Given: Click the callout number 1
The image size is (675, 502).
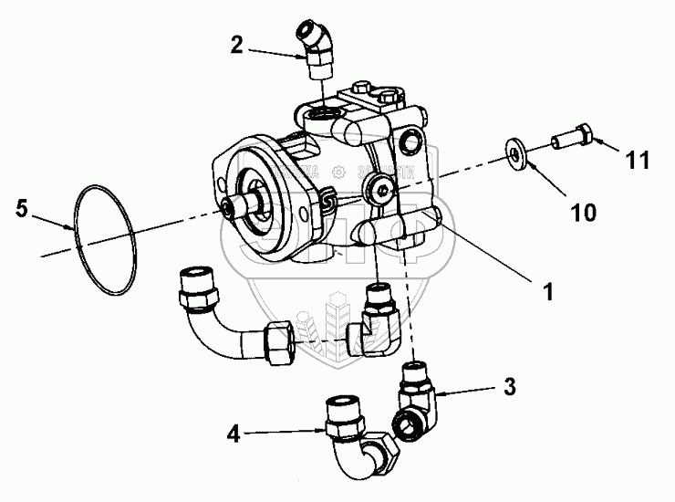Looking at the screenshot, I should click(x=548, y=292).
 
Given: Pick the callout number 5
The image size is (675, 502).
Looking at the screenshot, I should click(x=21, y=209).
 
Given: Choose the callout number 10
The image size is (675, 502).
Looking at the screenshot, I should click(x=584, y=213).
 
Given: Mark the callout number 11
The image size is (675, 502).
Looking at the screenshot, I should click(x=638, y=161).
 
